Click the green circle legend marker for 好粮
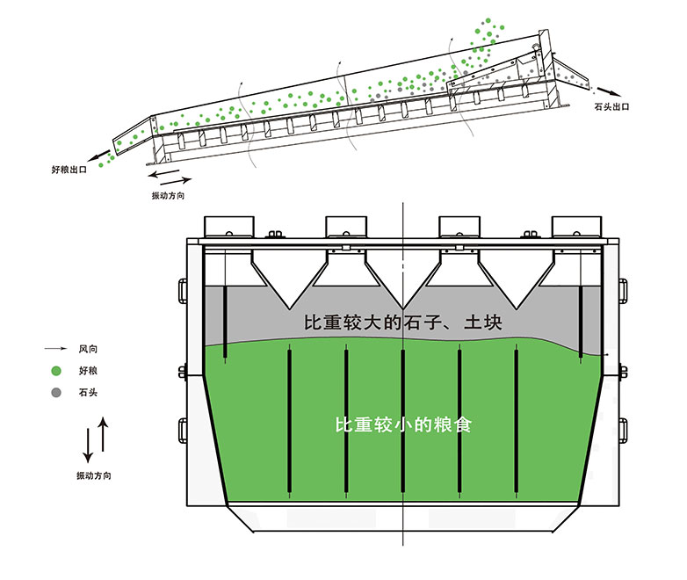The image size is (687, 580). tap(56, 370)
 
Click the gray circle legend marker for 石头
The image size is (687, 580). tap(56, 392)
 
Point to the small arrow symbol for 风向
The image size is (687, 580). tap(56, 349)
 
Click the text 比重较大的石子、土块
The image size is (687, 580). tap(402, 323)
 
